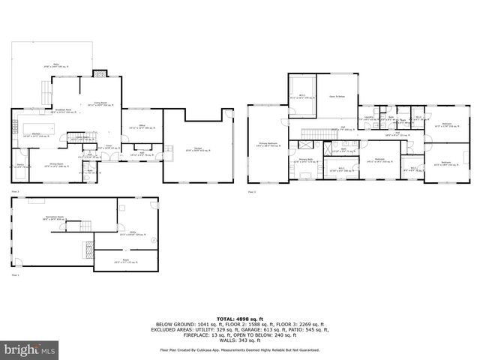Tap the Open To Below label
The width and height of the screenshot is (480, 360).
click(337, 97)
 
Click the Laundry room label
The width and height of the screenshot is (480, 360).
click(368, 118)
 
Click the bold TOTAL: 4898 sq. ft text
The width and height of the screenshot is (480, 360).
click(239, 319)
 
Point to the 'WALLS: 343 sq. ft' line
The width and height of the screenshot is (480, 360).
click(239, 340)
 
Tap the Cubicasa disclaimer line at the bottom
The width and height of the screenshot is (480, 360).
click(239, 350)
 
